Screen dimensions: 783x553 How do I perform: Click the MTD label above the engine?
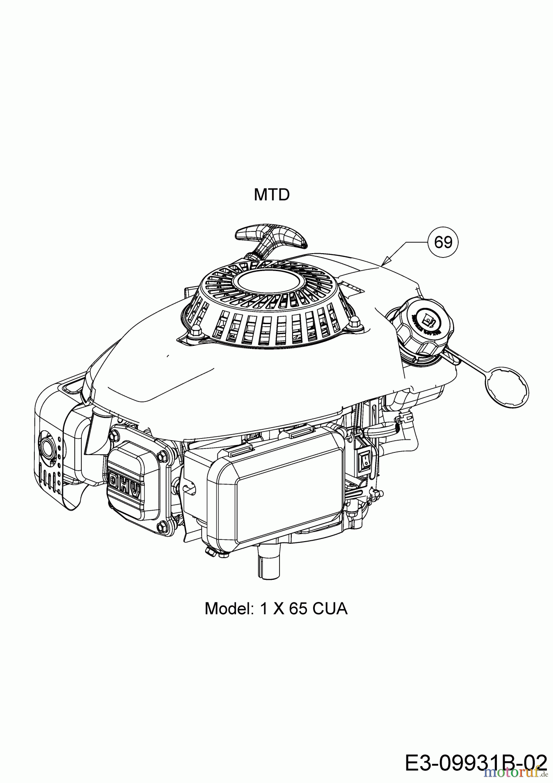click(x=272, y=195)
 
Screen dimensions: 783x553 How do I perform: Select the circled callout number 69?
click(x=443, y=242)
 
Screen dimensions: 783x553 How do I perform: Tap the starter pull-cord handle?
click(x=270, y=238)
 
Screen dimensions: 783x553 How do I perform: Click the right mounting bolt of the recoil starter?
click(x=354, y=322)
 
